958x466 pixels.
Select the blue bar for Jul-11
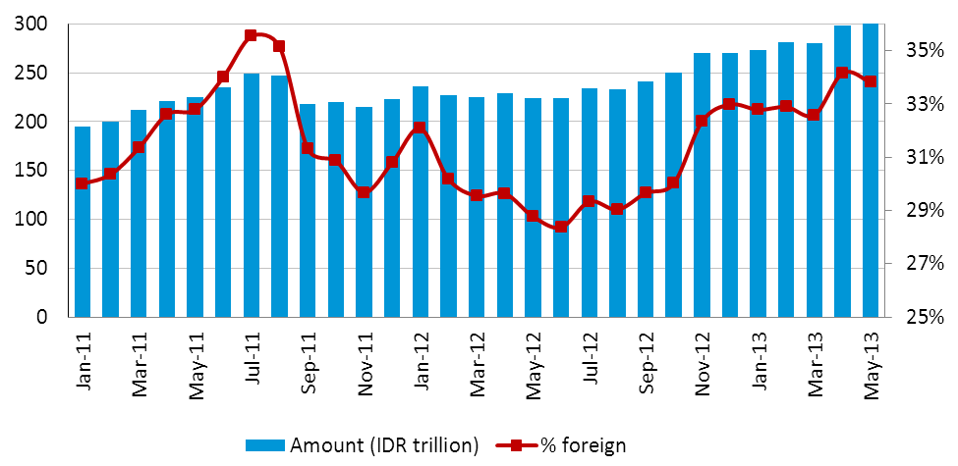click(252, 195)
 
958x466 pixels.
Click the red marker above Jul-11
click(252, 35)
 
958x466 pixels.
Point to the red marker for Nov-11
click(365, 192)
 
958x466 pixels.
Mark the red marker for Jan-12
click(421, 128)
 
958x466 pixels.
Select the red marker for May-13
click(871, 81)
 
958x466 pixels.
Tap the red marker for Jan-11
click(83, 183)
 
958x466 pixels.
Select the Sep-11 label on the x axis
click(308, 366)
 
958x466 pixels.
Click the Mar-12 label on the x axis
click(478, 366)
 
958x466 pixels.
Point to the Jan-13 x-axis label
click(759, 365)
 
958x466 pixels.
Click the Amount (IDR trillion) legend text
click(384, 445)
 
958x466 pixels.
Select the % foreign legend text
click(583, 445)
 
